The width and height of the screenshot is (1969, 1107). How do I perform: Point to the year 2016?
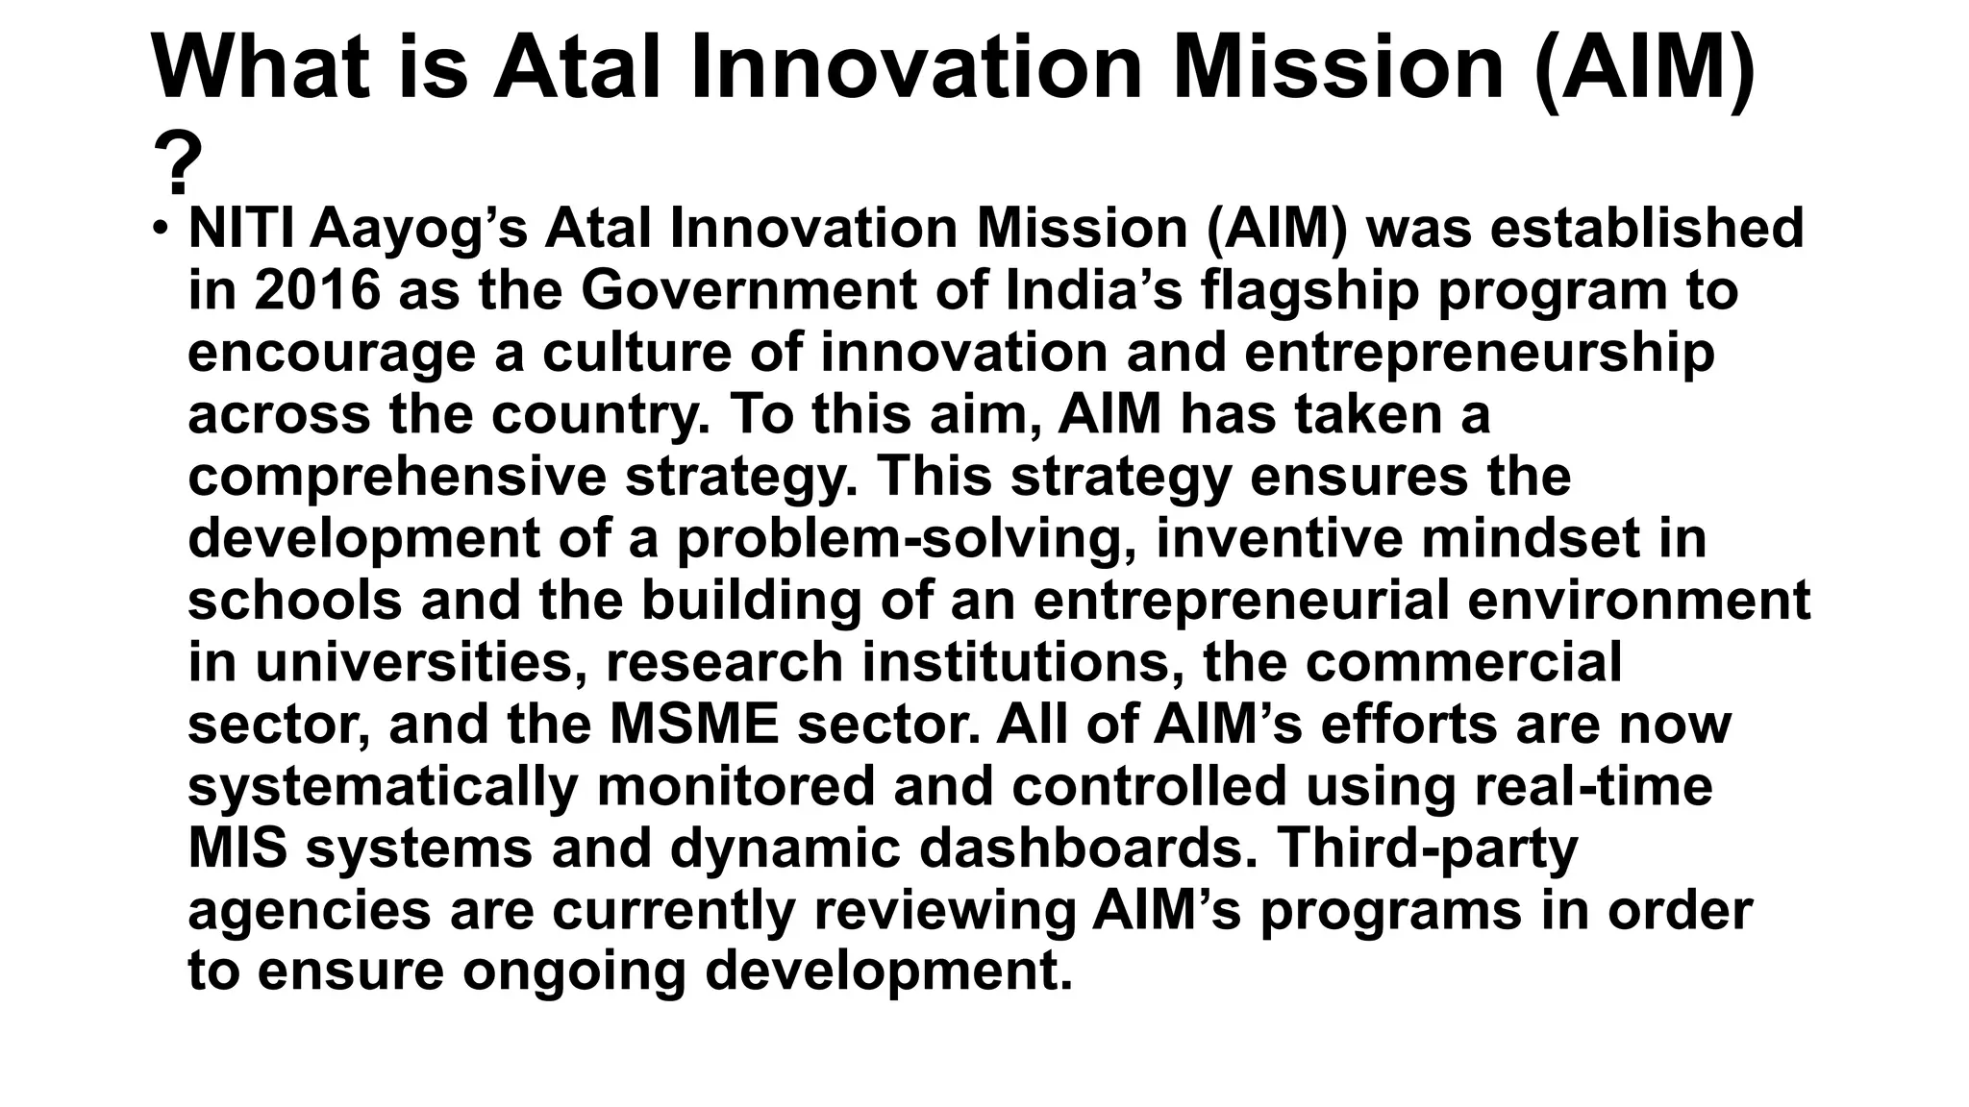[x=318, y=291]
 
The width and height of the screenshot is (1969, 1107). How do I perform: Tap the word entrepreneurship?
[x=1479, y=354]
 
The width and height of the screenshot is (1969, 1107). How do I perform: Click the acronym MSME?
[x=694, y=725]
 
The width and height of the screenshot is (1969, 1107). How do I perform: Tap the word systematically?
[x=382, y=787]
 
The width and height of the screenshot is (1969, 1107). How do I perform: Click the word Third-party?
[x=1427, y=849]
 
